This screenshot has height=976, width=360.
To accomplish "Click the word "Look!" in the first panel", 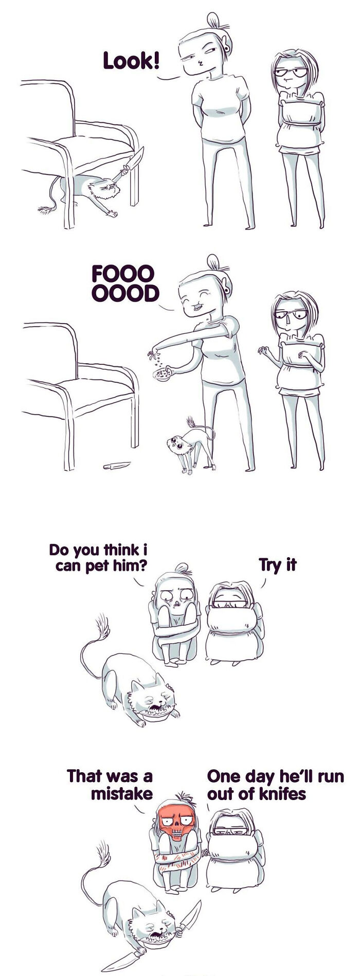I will tap(131, 61).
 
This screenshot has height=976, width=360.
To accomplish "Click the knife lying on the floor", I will tap(116, 466).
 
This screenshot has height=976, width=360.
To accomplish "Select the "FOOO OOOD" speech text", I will tap(125, 283).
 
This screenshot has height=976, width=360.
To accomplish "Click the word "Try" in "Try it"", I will tap(268, 565).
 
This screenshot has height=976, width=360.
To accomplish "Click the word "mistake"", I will tap(121, 793).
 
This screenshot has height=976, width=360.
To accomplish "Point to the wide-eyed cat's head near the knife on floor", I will tap(177, 443).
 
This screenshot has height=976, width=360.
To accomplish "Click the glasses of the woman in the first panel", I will tap(291, 72).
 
